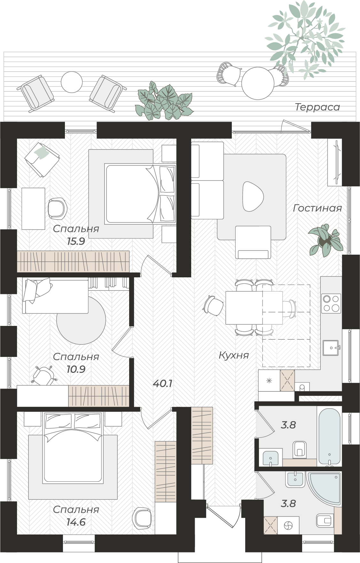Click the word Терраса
(x=317, y=107)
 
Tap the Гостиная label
(x=317, y=208)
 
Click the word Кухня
(x=234, y=355)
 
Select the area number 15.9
(x=76, y=241)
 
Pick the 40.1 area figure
(x=162, y=383)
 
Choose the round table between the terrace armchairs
(x=72, y=82)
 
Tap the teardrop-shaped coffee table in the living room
(x=253, y=196)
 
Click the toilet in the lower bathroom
(x=325, y=521)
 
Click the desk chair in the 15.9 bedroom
(x=57, y=208)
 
